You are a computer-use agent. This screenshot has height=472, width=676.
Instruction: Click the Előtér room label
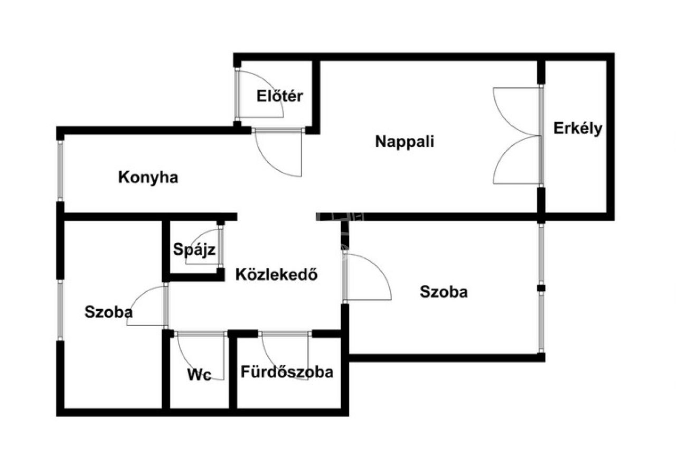click(x=280, y=96)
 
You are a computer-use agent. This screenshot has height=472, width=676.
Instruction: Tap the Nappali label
click(x=405, y=142)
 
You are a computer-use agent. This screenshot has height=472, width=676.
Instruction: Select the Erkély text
click(x=578, y=128)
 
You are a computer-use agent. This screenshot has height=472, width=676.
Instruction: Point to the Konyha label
click(x=148, y=178)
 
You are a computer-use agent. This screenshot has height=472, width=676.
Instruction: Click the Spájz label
click(x=194, y=249)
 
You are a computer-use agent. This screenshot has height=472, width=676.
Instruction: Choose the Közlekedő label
click(x=276, y=274)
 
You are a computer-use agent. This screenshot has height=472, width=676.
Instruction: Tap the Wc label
click(x=199, y=375)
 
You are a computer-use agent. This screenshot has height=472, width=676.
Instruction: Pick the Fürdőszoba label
click(x=287, y=372)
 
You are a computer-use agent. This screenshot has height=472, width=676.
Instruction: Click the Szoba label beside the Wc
click(x=108, y=312)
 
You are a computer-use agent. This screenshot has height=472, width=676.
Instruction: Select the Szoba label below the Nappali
click(x=444, y=292)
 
